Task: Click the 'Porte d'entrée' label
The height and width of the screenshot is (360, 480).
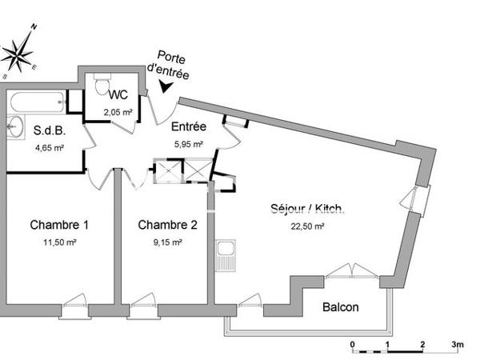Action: coord(173,66)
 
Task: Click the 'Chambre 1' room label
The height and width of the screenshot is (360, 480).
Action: coord(59,224)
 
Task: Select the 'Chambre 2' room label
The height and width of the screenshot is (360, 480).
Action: coord(167,224)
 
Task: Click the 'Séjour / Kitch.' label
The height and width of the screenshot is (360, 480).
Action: coord(307,210)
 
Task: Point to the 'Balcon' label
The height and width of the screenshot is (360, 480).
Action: coord(340,307)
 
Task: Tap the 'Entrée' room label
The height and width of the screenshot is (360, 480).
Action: coord(189,127)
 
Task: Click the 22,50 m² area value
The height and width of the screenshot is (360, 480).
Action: coord(307,226)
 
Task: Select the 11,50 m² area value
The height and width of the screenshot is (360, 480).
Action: coord(60,242)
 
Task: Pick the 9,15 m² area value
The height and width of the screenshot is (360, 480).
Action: coord(167,242)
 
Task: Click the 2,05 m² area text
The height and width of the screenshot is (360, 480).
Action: coord(118,113)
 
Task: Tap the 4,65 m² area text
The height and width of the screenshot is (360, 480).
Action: coord(49,147)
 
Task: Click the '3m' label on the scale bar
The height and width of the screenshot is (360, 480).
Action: coord(457,344)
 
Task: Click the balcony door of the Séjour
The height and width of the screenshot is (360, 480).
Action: coord(349,270)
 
